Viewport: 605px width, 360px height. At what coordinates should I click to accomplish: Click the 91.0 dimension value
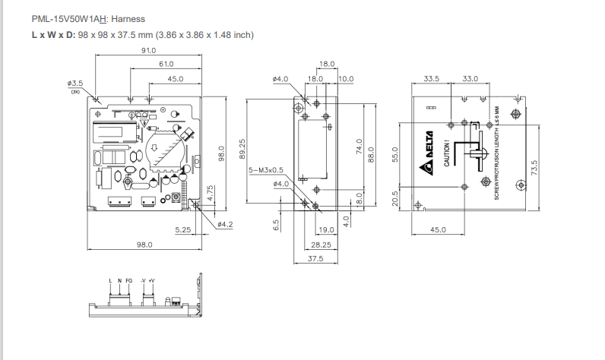click(147, 50)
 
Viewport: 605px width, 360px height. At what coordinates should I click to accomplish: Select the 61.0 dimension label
click(166, 64)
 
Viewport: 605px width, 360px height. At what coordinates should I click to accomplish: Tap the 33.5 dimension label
click(432, 78)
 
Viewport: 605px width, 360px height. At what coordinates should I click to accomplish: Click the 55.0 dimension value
click(394, 155)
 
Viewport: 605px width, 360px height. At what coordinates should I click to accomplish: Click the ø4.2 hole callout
click(225, 224)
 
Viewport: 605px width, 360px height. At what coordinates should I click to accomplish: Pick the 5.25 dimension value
click(182, 229)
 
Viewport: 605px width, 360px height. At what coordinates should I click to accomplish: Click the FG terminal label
click(128, 281)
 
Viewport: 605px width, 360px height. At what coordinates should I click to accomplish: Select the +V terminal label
click(151, 281)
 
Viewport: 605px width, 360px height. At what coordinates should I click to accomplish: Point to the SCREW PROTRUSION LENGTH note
click(496, 153)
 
